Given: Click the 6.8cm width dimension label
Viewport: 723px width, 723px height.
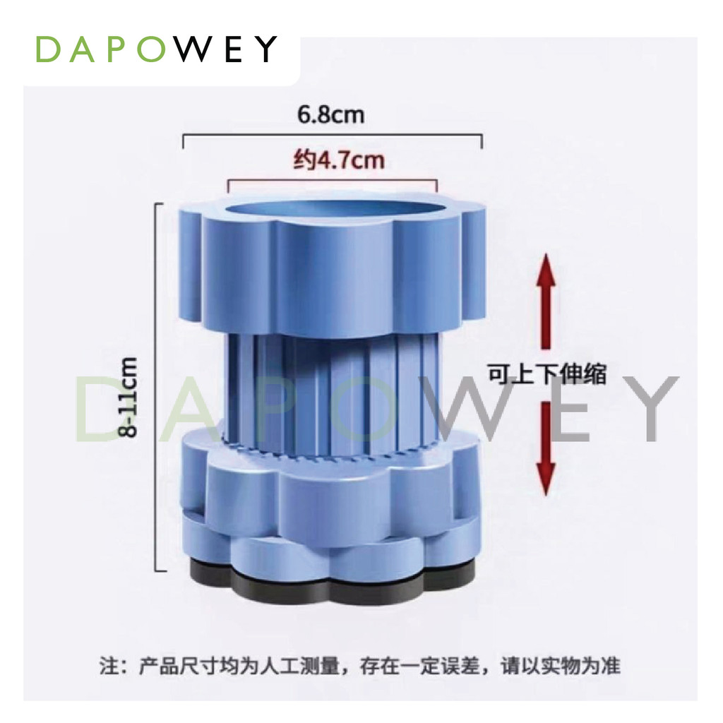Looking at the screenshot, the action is tap(330, 114).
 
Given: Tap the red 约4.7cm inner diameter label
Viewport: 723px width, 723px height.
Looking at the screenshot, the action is tap(338, 161).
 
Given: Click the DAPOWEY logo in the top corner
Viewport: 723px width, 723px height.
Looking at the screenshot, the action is tap(156, 49).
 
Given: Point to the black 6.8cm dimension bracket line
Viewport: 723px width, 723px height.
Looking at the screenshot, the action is tap(332, 138).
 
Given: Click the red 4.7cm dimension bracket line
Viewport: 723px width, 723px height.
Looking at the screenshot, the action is tap(332, 181).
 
